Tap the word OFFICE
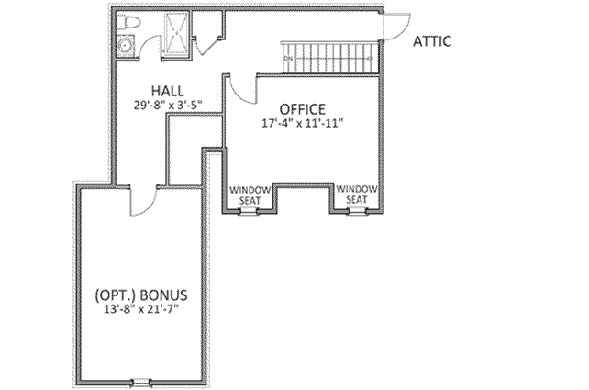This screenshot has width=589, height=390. [302, 107]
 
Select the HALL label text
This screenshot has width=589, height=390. [168, 91]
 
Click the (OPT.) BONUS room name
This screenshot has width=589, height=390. [142, 295]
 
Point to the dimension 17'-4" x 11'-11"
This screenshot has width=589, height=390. [302, 121]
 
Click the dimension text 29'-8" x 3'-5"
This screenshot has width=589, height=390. [168, 105]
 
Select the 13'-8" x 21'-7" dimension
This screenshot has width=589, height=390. [142, 309]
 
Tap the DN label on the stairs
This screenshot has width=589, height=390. [288, 60]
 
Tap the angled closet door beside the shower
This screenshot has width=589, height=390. [207, 39]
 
